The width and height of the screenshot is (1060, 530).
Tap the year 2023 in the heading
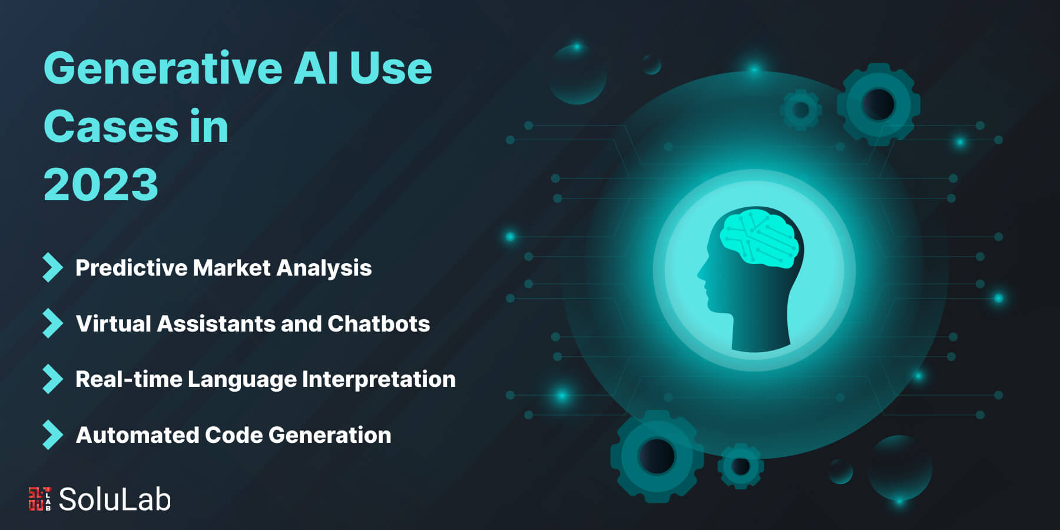101,184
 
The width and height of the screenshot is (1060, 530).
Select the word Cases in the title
111,127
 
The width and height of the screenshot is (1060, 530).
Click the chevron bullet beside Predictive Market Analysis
52,268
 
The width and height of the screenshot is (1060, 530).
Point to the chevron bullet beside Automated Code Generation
52,435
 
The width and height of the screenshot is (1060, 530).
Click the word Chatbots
379,324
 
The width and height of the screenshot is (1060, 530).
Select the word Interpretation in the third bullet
379,380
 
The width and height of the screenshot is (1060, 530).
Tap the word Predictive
131,268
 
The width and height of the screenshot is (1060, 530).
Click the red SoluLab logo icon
39,498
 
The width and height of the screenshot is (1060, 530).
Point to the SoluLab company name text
115,499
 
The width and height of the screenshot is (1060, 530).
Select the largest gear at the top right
878,104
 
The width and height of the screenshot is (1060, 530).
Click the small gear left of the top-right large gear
800,110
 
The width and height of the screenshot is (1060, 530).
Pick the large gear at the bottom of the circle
657,456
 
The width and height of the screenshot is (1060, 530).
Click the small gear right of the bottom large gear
740,466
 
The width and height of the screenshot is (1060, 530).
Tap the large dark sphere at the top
577,75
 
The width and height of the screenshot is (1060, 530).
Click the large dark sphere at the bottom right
899,468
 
